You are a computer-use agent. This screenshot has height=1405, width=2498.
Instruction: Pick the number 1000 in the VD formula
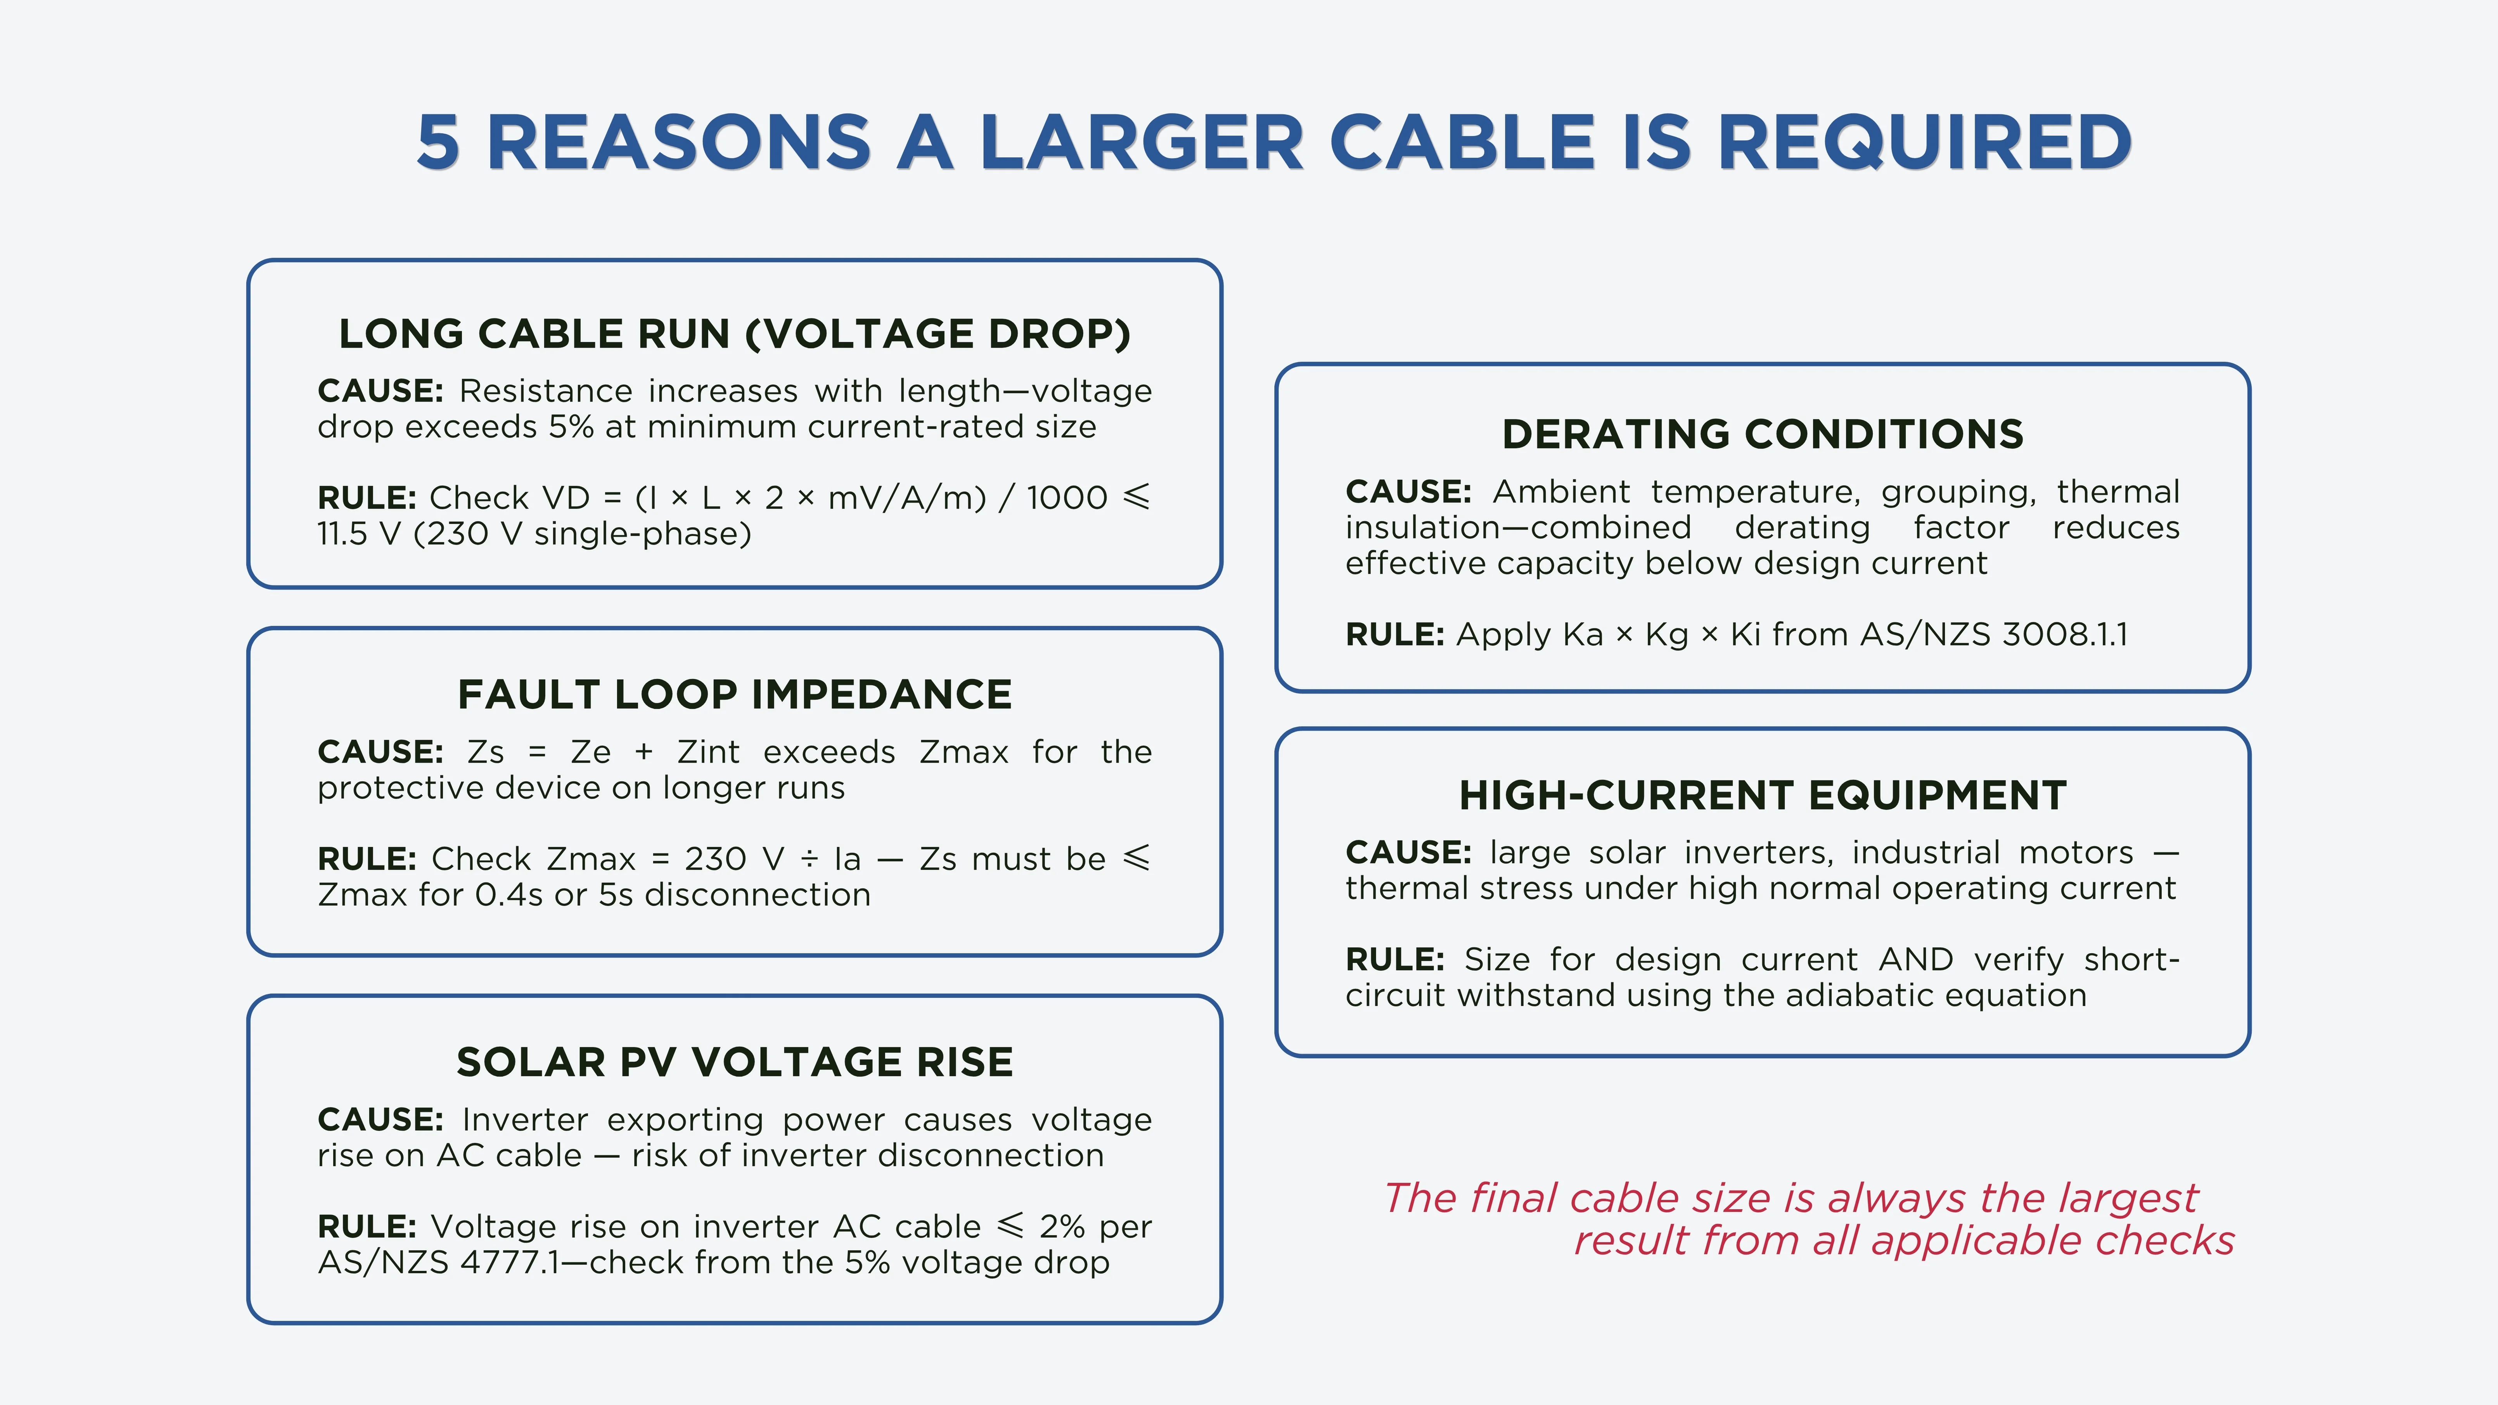point(1067,497)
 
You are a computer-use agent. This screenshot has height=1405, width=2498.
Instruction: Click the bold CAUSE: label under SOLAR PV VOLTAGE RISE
point(380,1120)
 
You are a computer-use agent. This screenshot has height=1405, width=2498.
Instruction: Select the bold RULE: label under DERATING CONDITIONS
point(1394,634)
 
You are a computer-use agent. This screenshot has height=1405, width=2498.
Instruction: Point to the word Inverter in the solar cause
point(524,1120)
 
